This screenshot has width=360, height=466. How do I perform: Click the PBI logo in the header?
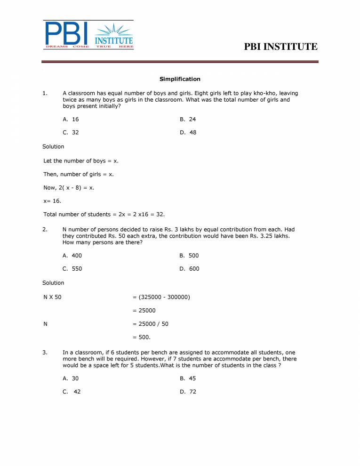coord(88,35)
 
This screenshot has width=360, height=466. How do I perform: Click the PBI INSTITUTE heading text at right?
coord(281,47)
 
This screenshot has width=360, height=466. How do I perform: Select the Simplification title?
coord(180,79)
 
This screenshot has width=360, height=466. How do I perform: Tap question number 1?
coord(45,93)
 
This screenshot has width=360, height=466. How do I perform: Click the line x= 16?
coord(52,201)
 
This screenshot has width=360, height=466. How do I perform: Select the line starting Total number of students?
coord(104,215)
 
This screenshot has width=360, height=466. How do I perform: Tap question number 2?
coord(45,229)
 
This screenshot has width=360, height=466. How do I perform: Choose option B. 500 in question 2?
coord(189,256)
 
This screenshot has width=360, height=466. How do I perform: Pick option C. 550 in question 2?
coord(72,269)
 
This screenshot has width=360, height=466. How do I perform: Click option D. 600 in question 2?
coord(189,269)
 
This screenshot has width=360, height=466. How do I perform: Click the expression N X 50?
coord(52,297)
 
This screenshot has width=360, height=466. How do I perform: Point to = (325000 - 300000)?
coord(161,297)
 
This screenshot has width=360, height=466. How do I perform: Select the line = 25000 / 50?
coord(150,324)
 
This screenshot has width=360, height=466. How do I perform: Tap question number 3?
coord(45,352)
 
